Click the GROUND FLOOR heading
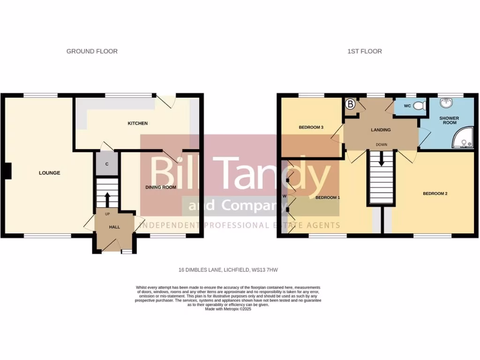[92, 51]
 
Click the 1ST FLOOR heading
[364, 51]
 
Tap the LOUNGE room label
[49, 173]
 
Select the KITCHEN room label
[138, 123]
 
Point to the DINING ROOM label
[160, 187]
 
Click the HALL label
[114, 227]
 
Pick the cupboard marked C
[107, 164]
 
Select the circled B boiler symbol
[350, 105]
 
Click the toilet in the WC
[420, 106]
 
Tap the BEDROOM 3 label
[311, 127]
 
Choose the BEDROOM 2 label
[435, 193]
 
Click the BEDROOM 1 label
[327, 198]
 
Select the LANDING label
[380, 130]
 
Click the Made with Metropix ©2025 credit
[228, 309]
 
